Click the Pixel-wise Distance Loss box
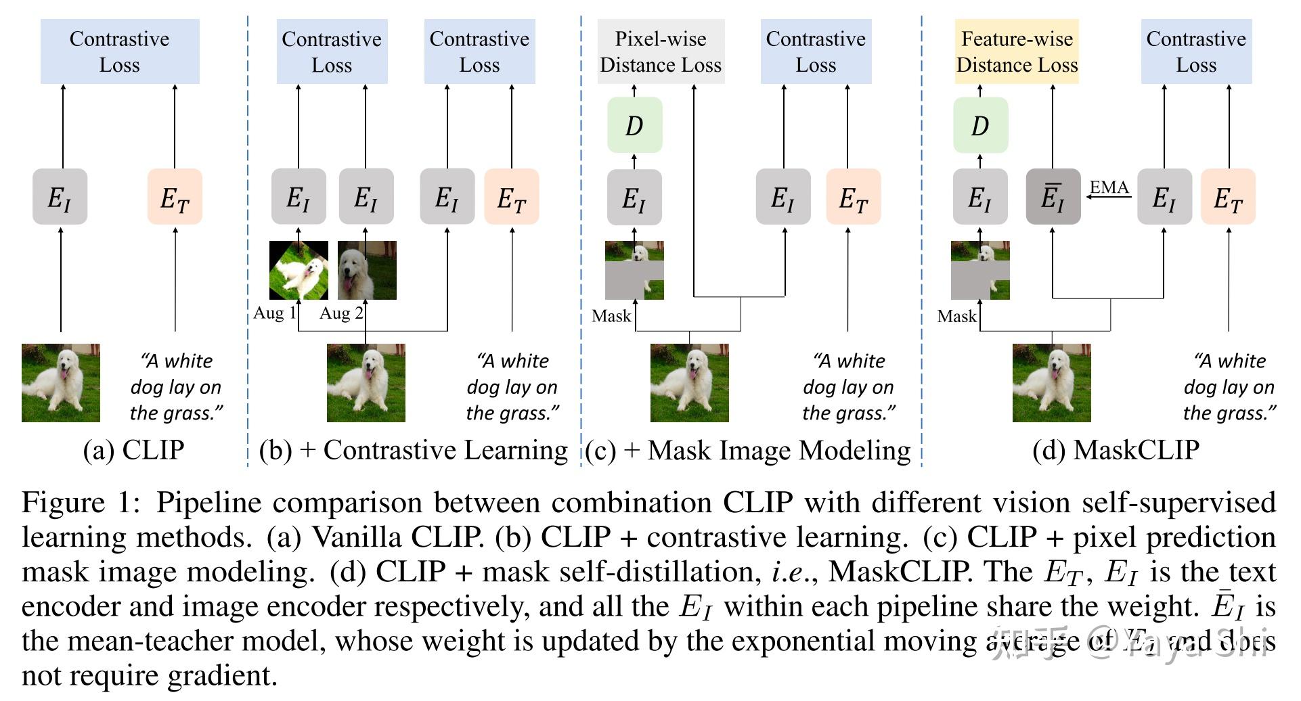click(x=660, y=51)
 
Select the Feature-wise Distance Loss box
click(x=1016, y=51)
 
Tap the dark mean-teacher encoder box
click(x=1053, y=197)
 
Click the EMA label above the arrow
click(x=1109, y=187)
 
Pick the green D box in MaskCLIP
click(x=980, y=125)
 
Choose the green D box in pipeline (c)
click(x=634, y=125)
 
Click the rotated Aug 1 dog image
click(x=299, y=270)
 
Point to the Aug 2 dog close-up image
click(x=367, y=270)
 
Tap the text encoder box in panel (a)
click(x=175, y=197)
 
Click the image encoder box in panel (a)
click(x=60, y=197)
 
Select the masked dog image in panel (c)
click(x=634, y=270)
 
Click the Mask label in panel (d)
click(x=956, y=316)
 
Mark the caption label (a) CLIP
click(x=133, y=450)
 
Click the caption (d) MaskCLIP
click(x=1116, y=450)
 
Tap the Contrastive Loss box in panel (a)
click(x=120, y=51)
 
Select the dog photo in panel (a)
click(x=61, y=383)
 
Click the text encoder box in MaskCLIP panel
click(x=1228, y=197)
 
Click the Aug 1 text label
click(x=274, y=313)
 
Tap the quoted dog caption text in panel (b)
click(x=512, y=387)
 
